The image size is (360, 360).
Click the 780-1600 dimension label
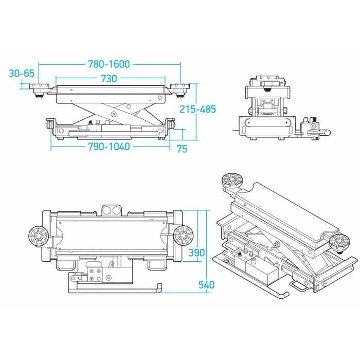[x=110, y=64]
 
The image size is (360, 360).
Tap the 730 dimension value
[x=109, y=79]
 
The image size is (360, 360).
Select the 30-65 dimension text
[x=21, y=74]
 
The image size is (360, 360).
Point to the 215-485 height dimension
[x=198, y=109]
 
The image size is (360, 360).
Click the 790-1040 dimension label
[x=110, y=147]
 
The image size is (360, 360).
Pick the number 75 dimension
[x=182, y=149]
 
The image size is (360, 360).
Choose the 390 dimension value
[x=197, y=253]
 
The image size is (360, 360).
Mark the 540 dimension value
[x=205, y=284]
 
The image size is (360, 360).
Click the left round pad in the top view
[x=39, y=237]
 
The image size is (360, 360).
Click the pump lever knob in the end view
[x=327, y=133]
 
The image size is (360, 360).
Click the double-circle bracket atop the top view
[x=112, y=209]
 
